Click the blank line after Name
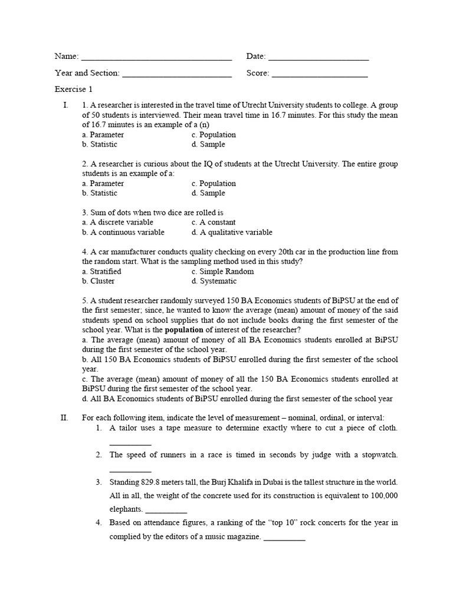(156, 58)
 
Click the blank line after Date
(318, 58)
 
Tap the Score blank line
(319, 74)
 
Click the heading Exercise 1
(74, 90)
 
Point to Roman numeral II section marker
(65, 418)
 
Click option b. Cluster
(99, 281)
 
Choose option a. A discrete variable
(117, 223)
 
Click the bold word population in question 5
(185, 330)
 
